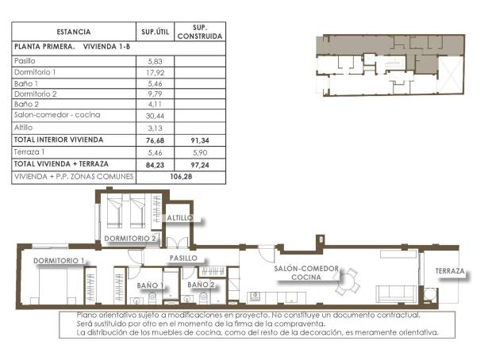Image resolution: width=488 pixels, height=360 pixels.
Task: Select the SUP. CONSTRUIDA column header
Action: point(199,32)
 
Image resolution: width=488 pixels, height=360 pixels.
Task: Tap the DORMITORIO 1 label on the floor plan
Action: point(59,260)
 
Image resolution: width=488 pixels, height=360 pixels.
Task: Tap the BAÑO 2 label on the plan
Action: point(202,284)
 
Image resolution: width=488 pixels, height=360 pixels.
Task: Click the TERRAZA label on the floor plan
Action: point(449,271)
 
